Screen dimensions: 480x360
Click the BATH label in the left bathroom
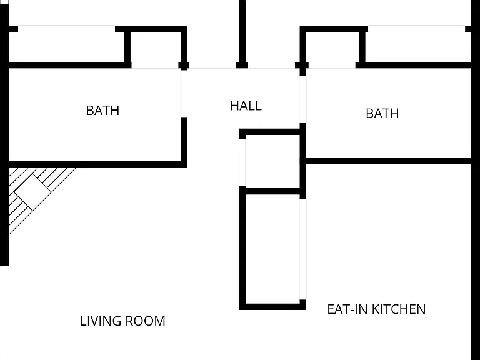pos(102,111)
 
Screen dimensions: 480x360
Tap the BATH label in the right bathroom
pos(382,114)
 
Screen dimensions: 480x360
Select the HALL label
pos(246,106)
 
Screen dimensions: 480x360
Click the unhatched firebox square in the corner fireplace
pos(32,192)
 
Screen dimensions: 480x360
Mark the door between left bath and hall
pos(184,93)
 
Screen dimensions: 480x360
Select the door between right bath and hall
pos(302,99)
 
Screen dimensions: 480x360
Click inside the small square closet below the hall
pos(272,162)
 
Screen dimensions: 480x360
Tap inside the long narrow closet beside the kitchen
pos(272,249)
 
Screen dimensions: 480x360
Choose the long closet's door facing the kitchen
pos(302,249)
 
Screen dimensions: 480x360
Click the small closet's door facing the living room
pos(242,163)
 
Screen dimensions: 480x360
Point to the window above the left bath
pos(66,29)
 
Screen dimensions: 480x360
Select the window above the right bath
pos(416,29)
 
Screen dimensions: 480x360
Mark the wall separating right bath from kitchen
pos(388,161)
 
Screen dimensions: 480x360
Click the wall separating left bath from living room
pos(95,164)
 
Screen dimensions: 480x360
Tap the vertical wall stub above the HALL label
pos(242,34)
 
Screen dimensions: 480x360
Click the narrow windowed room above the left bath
pos(66,47)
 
